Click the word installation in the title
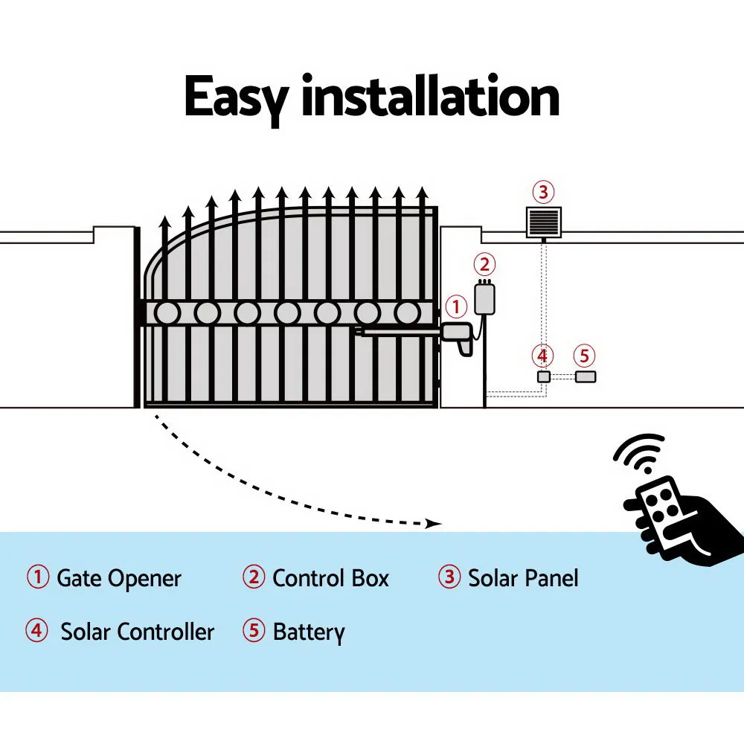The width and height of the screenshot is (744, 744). (430, 96)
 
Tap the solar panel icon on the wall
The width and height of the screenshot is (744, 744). (543, 222)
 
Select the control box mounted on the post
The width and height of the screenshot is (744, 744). (485, 297)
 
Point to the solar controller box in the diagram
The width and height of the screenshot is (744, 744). (544, 376)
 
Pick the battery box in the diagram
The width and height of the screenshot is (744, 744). (586, 376)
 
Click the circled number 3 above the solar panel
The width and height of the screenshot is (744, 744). (543, 193)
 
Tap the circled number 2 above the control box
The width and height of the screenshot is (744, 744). (484, 264)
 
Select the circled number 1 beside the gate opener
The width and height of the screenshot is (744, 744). (456, 306)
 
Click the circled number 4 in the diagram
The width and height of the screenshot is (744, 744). (543, 356)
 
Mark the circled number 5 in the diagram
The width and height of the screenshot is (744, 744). (585, 356)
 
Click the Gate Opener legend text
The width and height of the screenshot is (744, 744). (119, 578)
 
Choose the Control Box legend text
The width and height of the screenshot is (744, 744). (330, 578)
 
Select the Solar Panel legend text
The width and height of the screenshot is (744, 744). (522, 578)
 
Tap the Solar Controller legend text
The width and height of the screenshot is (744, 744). (137, 632)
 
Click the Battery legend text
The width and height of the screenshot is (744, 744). (309, 632)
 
